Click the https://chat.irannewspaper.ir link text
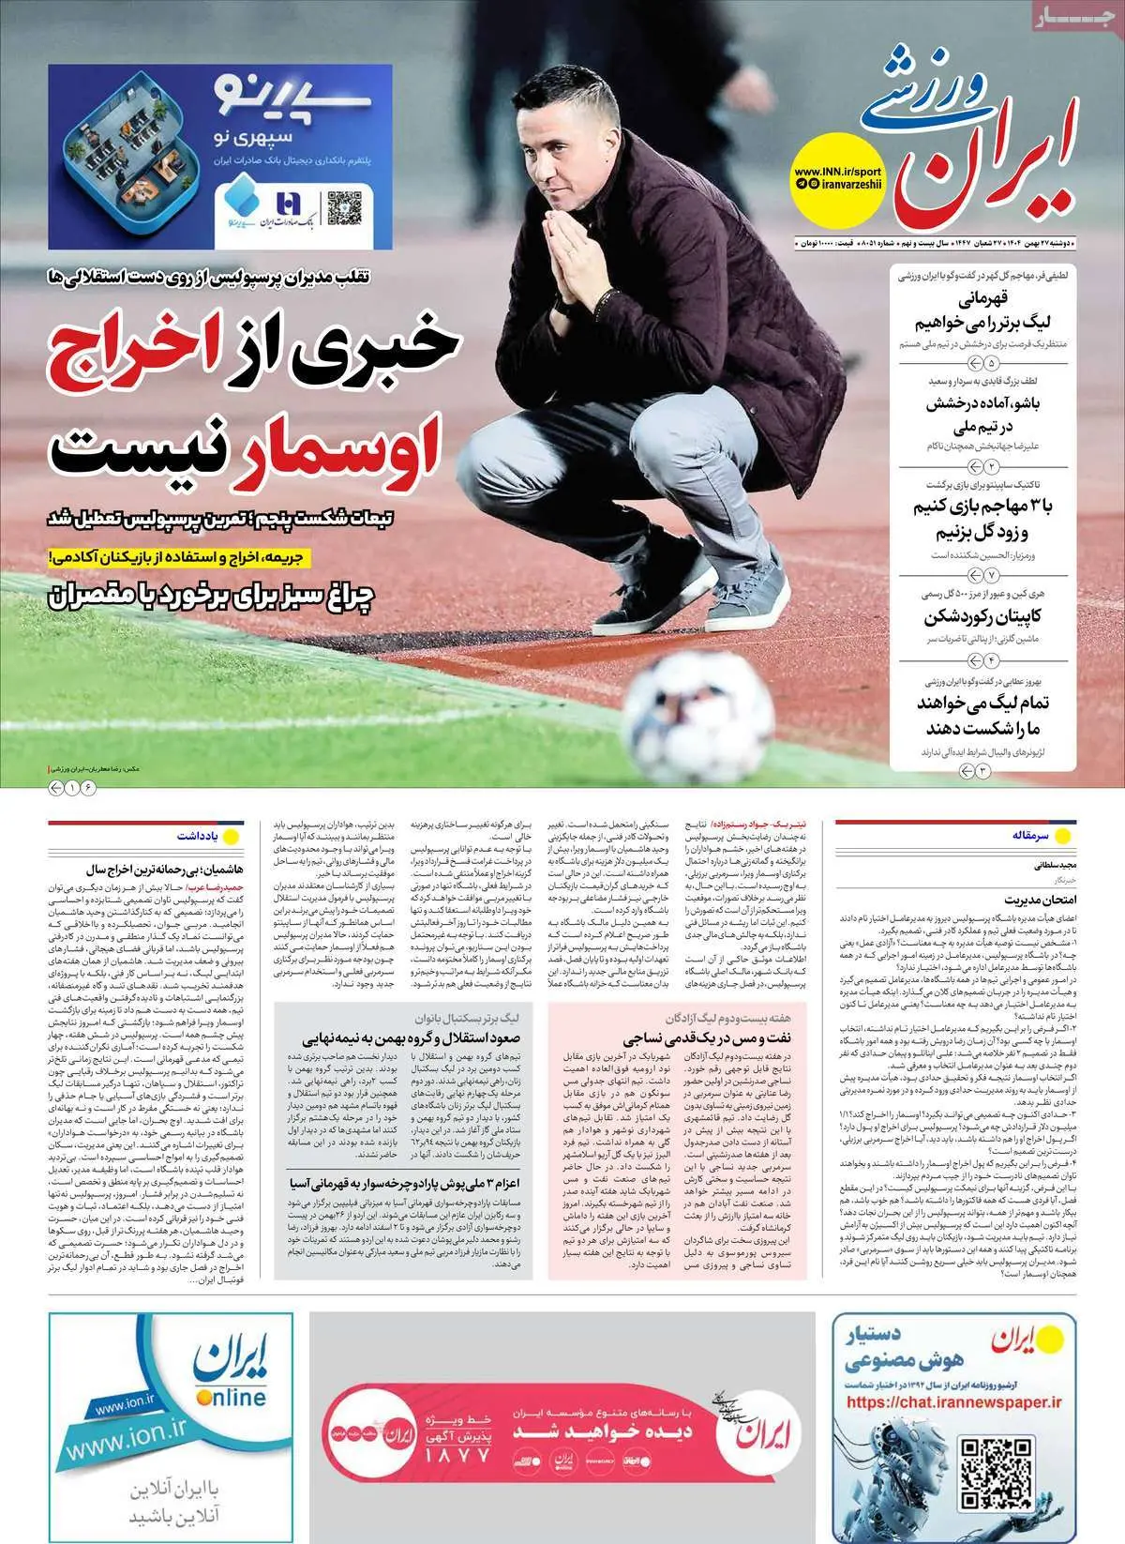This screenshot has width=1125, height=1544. [x=953, y=1402]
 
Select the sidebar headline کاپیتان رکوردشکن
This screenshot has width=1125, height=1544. [x=982, y=616]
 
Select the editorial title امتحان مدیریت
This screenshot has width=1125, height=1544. [x=1030, y=899]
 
